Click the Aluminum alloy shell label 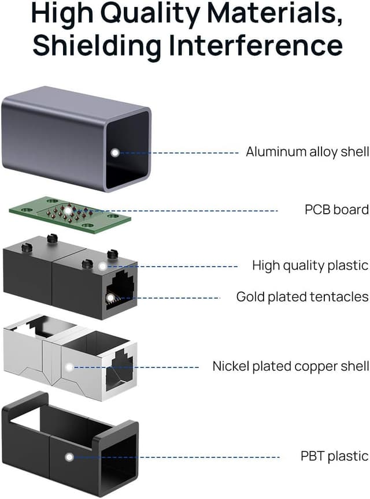pyautogui.click(x=307, y=152)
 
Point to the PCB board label pyautogui.click(x=336, y=209)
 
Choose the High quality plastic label pyautogui.click(x=310, y=266)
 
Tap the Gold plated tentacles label pyautogui.click(x=302, y=297)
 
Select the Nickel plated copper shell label pyautogui.click(x=290, y=366)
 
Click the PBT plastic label pyautogui.click(x=334, y=456)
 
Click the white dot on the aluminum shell pyautogui.click(x=115, y=152)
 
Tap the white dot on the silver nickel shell pyautogui.click(x=70, y=367)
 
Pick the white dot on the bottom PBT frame pyautogui.click(x=69, y=457)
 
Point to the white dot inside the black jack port pyautogui.click(x=110, y=297)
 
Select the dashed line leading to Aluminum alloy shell pyautogui.click(x=179, y=152)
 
